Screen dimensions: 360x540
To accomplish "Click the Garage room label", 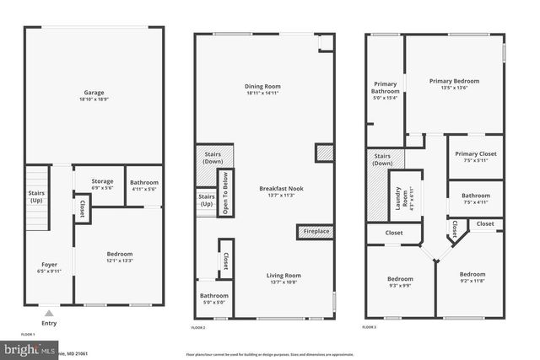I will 93,92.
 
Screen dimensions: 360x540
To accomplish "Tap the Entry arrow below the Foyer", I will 48,309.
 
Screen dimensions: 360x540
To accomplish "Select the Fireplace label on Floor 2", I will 316,231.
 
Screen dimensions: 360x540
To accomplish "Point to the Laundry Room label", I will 404,199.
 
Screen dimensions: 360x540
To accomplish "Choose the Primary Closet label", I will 475,153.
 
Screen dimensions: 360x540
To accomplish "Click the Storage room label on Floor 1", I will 102,180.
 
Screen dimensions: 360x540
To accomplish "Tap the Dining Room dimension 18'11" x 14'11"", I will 262,94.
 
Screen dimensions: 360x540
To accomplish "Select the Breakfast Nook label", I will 281,189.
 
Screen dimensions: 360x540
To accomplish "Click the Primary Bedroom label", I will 454,81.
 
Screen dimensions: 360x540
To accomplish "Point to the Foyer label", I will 50,264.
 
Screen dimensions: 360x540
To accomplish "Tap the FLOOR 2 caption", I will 198,326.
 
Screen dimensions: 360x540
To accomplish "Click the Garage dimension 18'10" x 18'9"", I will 93,99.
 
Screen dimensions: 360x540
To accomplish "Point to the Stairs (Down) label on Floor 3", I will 382,159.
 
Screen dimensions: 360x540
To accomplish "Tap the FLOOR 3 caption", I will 370,326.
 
